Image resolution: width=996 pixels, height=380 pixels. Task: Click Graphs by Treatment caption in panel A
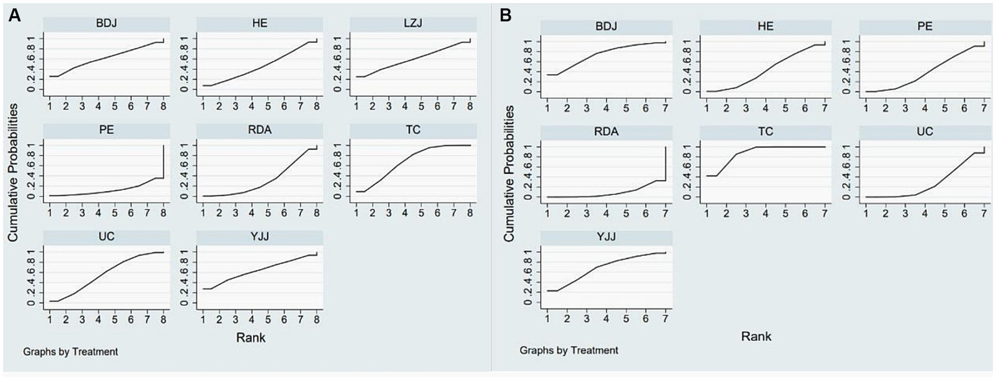pyautogui.click(x=70, y=351)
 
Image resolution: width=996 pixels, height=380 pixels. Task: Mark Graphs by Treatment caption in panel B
pyautogui.click(x=568, y=350)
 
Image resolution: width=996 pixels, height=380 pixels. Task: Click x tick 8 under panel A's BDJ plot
pyautogui.click(x=163, y=105)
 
